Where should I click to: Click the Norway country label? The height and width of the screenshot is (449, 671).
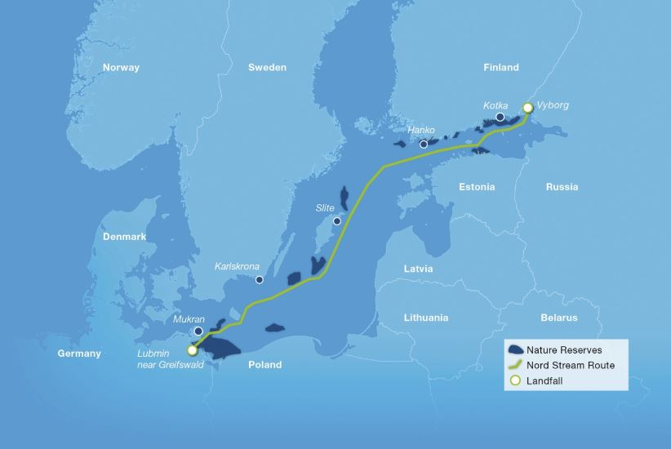121,68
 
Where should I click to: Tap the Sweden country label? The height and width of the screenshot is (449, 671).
267,68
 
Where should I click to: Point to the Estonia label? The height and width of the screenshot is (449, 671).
477,187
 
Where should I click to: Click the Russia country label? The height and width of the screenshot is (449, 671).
562,187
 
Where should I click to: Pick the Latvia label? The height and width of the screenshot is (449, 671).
418,269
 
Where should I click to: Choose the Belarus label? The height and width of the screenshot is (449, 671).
558,318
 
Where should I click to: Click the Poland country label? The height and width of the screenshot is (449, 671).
264,365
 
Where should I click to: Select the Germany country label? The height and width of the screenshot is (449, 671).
79,353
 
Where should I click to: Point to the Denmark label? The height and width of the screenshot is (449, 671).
124,237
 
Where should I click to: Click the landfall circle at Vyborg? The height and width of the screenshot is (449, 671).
527,108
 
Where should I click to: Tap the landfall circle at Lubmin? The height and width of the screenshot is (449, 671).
192,350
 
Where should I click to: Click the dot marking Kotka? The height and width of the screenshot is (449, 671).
500,118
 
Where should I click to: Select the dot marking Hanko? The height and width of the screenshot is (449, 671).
424,144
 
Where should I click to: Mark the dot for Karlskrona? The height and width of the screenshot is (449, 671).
260,280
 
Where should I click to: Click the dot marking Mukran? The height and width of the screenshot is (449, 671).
198,331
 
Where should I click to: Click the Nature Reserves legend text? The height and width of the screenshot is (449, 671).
564,349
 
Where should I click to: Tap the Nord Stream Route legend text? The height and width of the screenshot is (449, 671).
571,365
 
